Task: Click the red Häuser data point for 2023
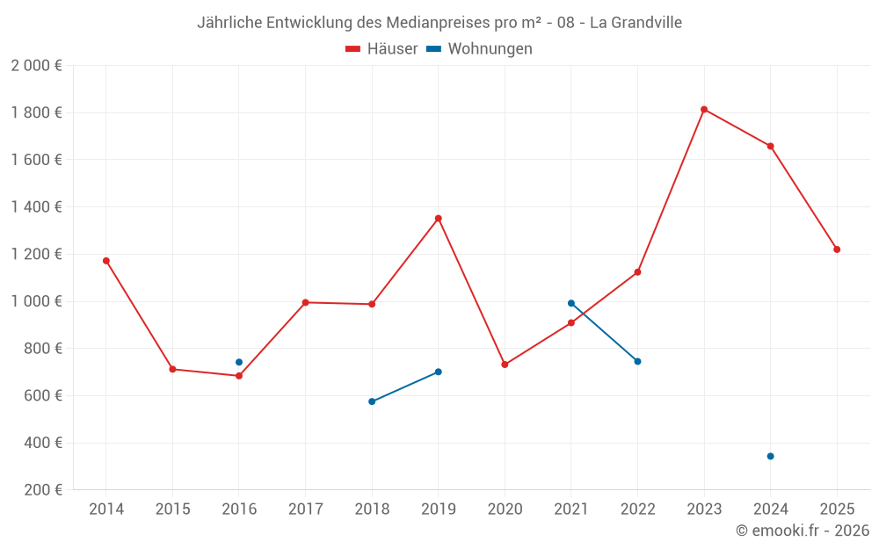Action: (x=704, y=109)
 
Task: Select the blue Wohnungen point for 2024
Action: (x=770, y=456)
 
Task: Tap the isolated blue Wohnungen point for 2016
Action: (x=239, y=362)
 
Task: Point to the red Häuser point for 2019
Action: (x=439, y=218)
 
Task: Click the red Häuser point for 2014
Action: (x=106, y=261)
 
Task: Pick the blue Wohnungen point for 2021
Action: (x=571, y=303)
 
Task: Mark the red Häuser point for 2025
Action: (x=837, y=249)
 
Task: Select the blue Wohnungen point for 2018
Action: (x=372, y=401)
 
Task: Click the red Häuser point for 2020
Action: (x=505, y=365)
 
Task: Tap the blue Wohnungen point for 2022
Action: (x=637, y=361)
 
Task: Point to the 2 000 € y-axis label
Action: (x=36, y=65)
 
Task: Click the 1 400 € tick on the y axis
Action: (x=36, y=206)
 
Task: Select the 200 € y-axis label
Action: (x=41, y=489)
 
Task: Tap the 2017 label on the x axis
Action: (x=305, y=509)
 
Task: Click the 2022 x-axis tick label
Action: (x=637, y=509)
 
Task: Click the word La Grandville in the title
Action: (x=636, y=22)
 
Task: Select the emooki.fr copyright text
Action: (x=803, y=531)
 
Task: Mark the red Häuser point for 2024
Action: (x=770, y=146)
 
